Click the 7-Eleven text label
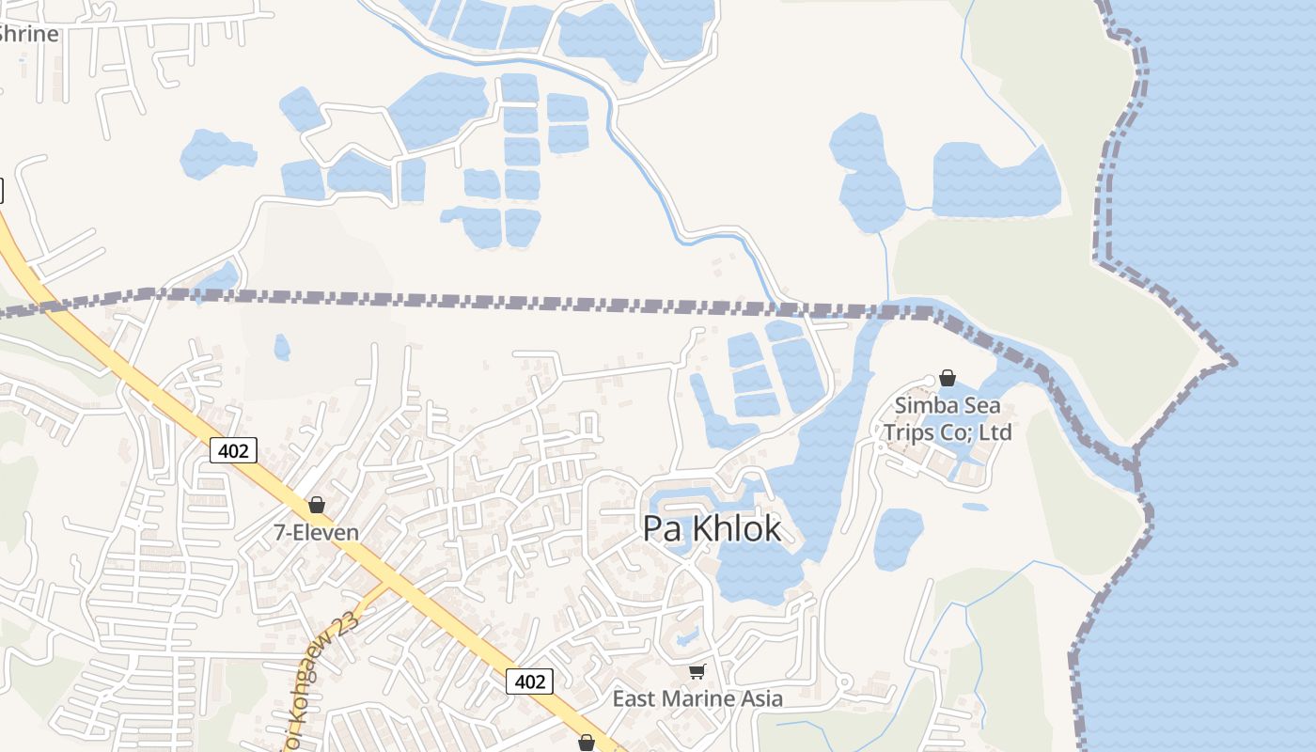click(x=316, y=532)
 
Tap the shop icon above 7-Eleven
click(x=317, y=505)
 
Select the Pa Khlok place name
click(x=712, y=529)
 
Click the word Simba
click(x=927, y=407)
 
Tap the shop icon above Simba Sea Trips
click(x=948, y=378)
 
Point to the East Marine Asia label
click(x=697, y=698)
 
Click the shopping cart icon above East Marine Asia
click(x=697, y=671)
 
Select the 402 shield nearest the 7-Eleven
click(x=232, y=451)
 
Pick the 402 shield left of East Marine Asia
click(x=530, y=681)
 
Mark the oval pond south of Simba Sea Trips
click(x=899, y=539)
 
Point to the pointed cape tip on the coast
click(x=1231, y=362)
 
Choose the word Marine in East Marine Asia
click(x=699, y=698)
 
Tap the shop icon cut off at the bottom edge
click(x=587, y=744)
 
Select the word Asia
click(x=762, y=698)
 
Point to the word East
click(x=634, y=698)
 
